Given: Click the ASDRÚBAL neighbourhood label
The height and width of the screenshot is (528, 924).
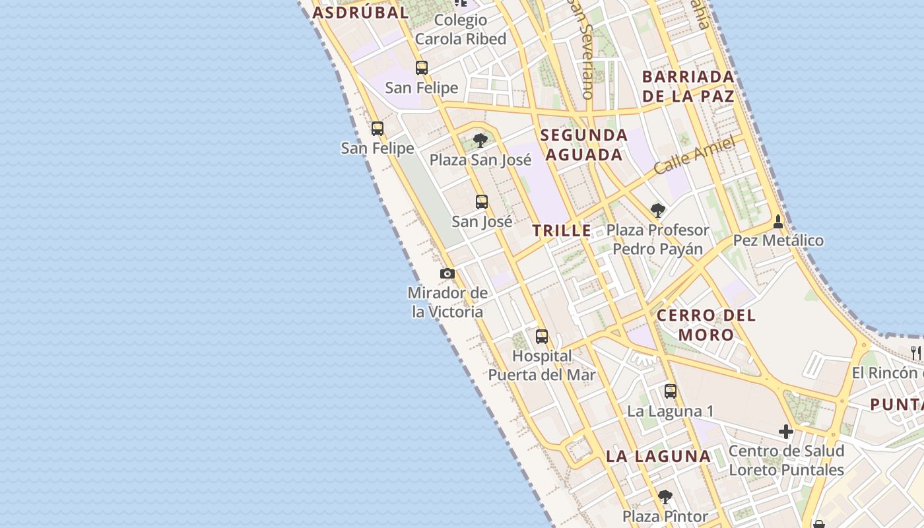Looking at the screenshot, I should (x=360, y=13).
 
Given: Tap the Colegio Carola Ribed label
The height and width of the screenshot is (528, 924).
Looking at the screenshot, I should (x=461, y=30).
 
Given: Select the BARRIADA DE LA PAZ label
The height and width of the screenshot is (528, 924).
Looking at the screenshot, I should (x=688, y=86).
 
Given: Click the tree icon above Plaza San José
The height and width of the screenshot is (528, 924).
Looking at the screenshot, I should (x=480, y=140).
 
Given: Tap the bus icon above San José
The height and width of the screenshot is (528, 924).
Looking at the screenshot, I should (x=482, y=202).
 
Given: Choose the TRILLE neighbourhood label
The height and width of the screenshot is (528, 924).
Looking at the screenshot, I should (x=562, y=231).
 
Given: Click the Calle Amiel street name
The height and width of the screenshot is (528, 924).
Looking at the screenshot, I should (x=694, y=156).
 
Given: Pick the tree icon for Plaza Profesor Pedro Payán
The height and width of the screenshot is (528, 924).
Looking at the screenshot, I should (x=657, y=211).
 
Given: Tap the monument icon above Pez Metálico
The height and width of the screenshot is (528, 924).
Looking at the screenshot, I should (x=778, y=222).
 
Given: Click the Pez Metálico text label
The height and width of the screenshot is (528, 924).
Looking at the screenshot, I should (x=778, y=240).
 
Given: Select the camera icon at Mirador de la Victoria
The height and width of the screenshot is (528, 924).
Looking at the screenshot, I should (x=447, y=273).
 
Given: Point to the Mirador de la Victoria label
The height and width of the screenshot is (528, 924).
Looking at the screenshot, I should (x=448, y=302).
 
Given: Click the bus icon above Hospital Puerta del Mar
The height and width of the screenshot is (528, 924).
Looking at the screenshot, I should (x=542, y=337).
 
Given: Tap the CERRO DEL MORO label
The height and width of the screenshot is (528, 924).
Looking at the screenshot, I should (x=706, y=325).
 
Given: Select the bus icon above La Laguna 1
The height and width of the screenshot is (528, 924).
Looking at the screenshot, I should (x=671, y=391).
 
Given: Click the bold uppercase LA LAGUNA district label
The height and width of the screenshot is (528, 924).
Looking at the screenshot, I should (x=658, y=456).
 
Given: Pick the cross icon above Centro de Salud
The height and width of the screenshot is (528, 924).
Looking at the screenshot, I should (x=785, y=432).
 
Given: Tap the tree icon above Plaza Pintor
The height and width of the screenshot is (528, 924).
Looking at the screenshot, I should (x=665, y=496).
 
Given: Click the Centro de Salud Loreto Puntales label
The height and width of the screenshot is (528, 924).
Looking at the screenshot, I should (x=786, y=461).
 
